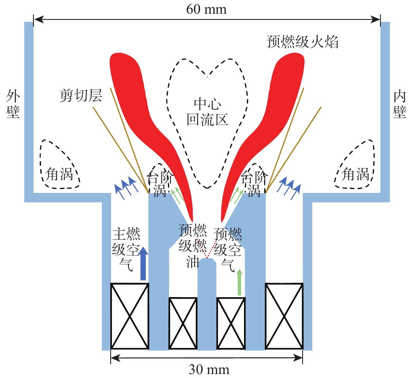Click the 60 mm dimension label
(206, 10)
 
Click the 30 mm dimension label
(209, 370)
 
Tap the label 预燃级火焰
(302, 42)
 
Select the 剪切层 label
(81, 96)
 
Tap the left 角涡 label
(59, 174)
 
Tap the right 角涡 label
(355, 174)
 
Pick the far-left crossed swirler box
(130, 316)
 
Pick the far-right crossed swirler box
(284, 316)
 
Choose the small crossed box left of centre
(183, 323)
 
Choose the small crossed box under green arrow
(231, 323)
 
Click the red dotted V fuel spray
(207, 251)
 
